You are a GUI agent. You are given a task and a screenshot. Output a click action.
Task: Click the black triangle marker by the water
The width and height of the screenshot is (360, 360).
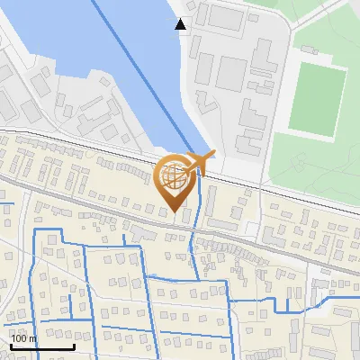coord(182,24)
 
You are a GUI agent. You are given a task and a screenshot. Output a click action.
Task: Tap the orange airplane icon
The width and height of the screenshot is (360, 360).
coord(200,163)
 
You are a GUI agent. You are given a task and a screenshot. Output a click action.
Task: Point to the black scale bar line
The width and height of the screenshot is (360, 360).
coord(41,346)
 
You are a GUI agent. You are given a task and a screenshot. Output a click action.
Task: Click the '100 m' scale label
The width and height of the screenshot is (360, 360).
coord(23,337)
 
